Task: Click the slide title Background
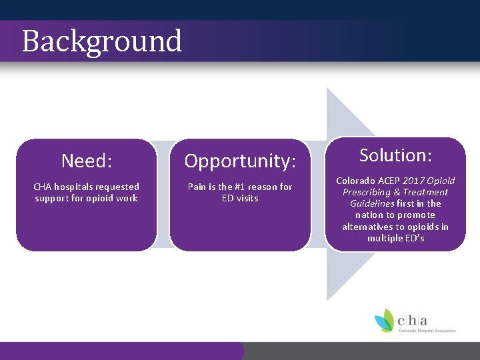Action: pos(102,41)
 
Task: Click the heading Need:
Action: pos(87,161)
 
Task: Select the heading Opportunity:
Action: pos(240,161)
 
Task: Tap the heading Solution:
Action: pos(396,155)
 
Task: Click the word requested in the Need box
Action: pos(118,187)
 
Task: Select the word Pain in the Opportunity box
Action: pos(197,187)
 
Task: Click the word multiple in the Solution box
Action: pos(385,238)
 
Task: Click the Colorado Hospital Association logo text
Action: pos(427,329)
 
